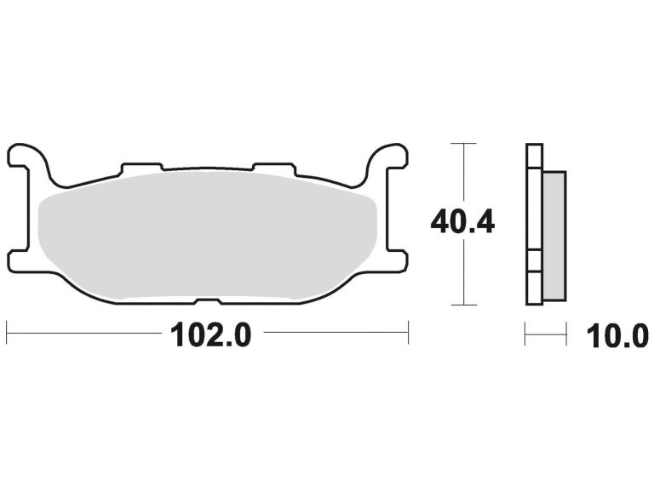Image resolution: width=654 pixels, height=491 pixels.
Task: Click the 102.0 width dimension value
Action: coord(211,334)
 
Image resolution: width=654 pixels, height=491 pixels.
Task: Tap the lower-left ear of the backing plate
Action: coord(20,260)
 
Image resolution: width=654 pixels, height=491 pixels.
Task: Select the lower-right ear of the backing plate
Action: coord(396,260)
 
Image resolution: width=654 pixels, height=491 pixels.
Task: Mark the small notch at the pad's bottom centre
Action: coord(208,301)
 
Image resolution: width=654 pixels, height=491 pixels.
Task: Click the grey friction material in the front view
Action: coord(209,234)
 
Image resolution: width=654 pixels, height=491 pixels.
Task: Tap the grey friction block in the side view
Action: coord(553,234)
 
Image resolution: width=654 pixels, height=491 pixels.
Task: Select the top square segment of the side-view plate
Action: coord(533,157)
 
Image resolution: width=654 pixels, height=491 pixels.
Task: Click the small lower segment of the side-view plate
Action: coord(533,264)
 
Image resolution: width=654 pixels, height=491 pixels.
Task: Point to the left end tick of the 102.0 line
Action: coord(7,333)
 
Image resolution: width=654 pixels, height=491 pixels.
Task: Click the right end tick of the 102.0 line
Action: coord(409,333)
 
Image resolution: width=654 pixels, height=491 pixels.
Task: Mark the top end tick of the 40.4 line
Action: coord(462,144)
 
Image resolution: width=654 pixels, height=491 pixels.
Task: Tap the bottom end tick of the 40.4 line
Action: coord(462,304)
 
